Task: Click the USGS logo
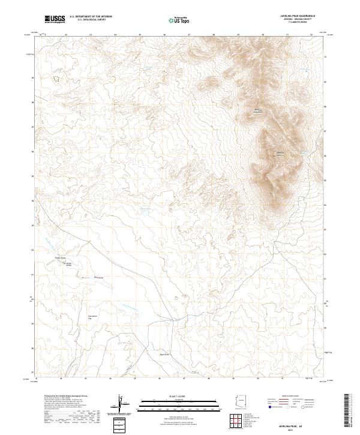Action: tap(55, 19)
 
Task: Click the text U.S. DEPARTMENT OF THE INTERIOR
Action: tap(91, 17)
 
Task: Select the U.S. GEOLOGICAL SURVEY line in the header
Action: tap(91, 20)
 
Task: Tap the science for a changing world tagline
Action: tap(55, 23)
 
